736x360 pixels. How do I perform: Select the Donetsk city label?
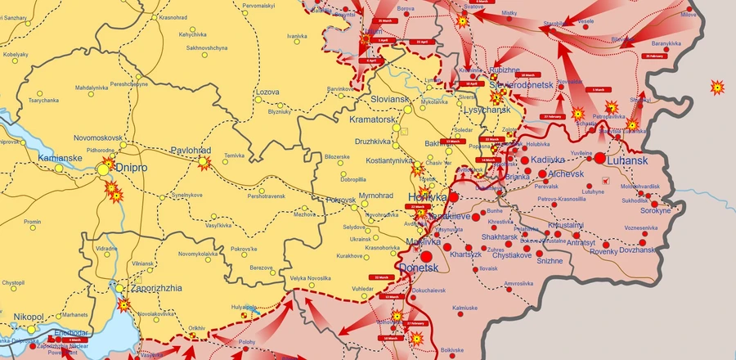[418, 268]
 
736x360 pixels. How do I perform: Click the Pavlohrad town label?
[191, 151]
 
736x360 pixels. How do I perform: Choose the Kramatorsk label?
[372, 120]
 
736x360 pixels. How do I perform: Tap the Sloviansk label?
[389, 99]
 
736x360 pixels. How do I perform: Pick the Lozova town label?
[267, 92]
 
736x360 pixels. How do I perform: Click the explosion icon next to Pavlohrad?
[204, 164]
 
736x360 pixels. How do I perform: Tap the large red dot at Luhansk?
[599, 158]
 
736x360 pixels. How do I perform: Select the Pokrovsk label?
[341, 200]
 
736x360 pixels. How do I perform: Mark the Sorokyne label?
[655, 210]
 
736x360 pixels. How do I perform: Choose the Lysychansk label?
[487, 110]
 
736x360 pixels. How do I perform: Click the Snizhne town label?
[550, 261]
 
